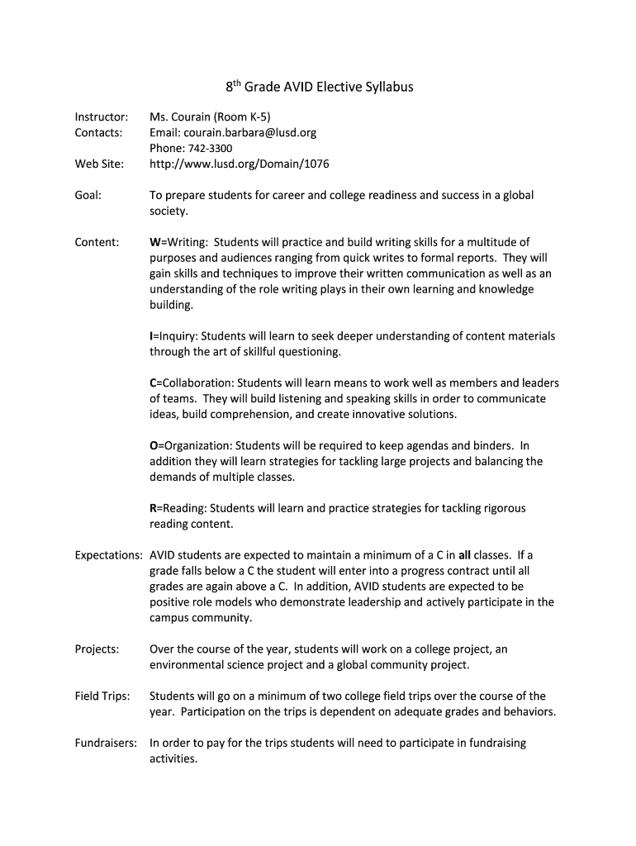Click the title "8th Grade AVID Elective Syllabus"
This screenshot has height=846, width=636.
click(320, 87)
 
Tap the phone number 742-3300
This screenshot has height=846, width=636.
click(202, 148)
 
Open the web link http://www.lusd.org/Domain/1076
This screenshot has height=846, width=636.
click(239, 164)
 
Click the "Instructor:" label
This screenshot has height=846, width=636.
click(101, 116)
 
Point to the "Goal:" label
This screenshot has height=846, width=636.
click(88, 195)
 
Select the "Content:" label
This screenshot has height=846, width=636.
click(97, 242)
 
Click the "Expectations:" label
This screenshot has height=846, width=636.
click(108, 554)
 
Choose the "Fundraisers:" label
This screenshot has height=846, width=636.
click(106, 743)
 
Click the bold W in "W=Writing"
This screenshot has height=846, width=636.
click(154, 242)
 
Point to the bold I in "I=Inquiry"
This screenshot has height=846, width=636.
click(151, 336)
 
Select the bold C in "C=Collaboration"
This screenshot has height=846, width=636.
click(153, 383)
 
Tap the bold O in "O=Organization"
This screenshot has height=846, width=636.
click(154, 446)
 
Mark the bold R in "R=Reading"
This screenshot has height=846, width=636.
click(153, 508)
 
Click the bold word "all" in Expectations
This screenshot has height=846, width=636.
click(464, 554)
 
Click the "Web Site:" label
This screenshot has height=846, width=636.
click(99, 164)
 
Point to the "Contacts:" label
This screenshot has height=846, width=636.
click(98, 132)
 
